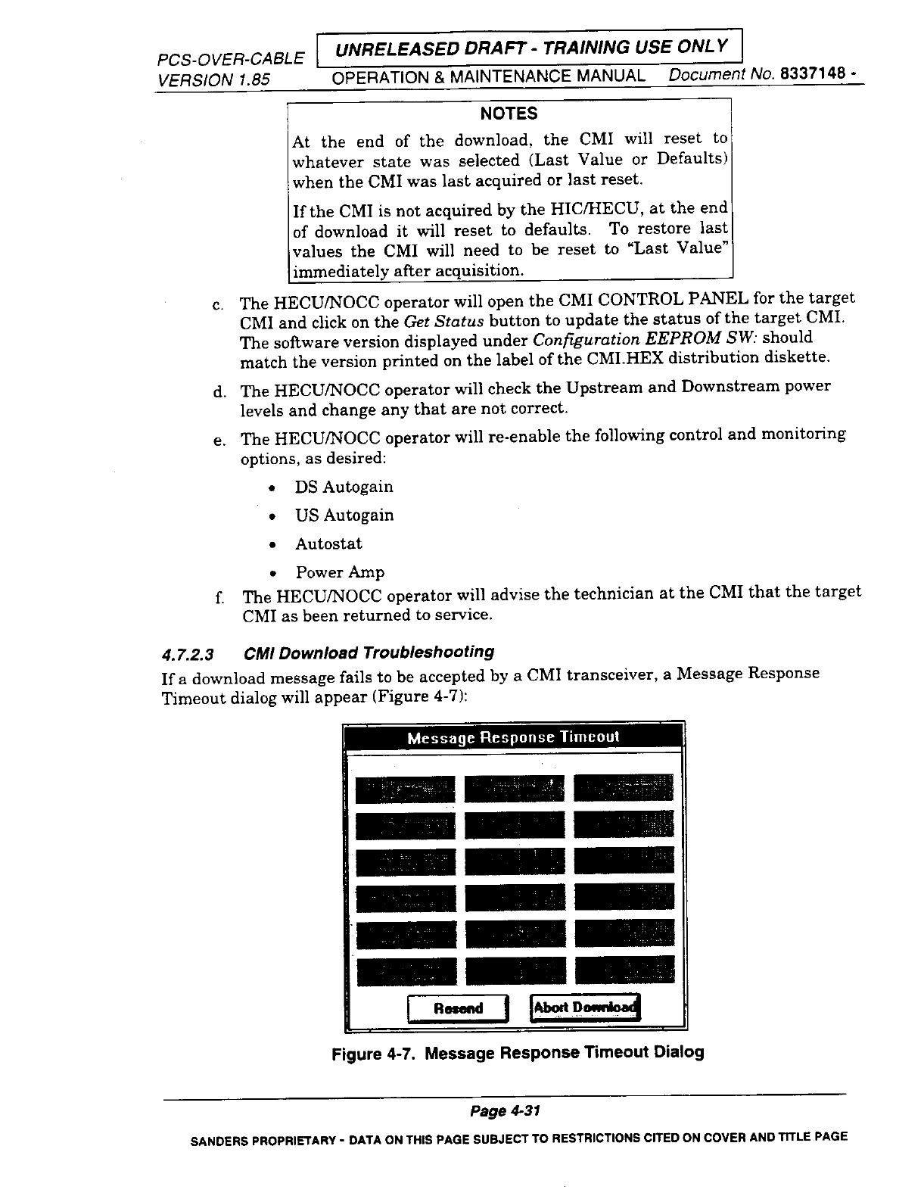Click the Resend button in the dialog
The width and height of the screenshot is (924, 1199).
pyautogui.click(x=458, y=1008)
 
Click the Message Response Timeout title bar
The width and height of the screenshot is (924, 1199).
pyautogui.click(x=514, y=737)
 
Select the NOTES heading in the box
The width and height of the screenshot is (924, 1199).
pyautogui.click(x=509, y=114)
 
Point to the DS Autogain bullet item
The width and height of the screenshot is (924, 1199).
pyautogui.click(x=344, y=487)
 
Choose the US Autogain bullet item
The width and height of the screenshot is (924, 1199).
pyautogui.click(x=344, y=515)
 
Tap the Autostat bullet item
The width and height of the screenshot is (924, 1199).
pyautogui.click(x=328, y=544)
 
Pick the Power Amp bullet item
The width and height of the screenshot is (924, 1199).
pyautogui.click(x=340, y=572)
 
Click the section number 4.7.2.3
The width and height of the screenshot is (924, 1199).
pyautogui.click(x=188, y=653)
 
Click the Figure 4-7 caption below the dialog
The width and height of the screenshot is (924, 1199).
pyautogui.click(x=518, y=1053)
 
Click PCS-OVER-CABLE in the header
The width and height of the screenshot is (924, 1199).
pyautogui.click(x=231, y=58)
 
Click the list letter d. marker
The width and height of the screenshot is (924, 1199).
pyautogui.click(x=219, y=391)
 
